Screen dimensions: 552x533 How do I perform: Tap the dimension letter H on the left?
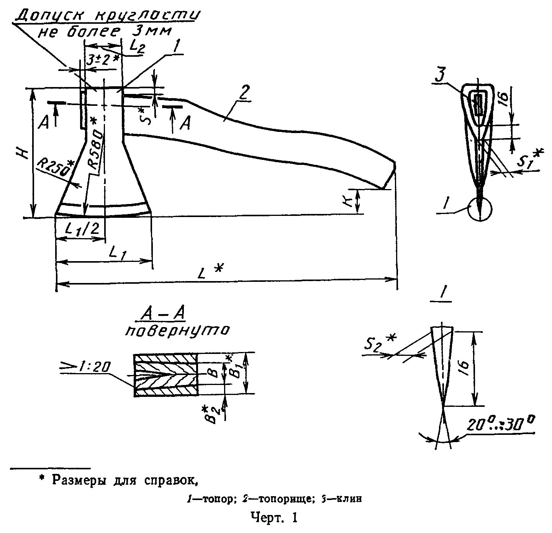(x=24, y=154)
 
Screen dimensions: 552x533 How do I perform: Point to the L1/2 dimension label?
(x=83, y=229)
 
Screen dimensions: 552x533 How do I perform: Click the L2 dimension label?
(x=136, y=46)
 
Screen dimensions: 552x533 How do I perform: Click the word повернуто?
(x=177, y=331)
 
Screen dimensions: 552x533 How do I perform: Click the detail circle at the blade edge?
(x=480, y=209)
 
